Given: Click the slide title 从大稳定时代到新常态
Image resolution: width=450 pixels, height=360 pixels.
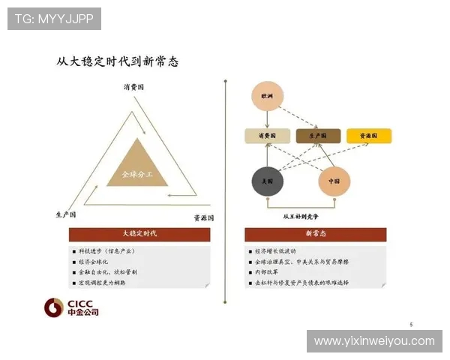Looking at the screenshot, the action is (x=118, y=61).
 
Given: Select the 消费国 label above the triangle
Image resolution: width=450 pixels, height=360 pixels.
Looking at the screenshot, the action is (x=134, y=87).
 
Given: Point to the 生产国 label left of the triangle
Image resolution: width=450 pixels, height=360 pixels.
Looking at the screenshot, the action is (x=66, y=215).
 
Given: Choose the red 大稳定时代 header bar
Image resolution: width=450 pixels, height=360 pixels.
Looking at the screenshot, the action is (x=139, y=234).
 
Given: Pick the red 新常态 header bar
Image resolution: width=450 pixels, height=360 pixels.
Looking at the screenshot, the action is (x=316, y=234).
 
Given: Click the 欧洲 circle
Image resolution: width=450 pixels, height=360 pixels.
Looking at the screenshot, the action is (x=268, y=97).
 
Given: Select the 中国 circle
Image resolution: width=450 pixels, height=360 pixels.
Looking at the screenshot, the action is (x=334, y=181).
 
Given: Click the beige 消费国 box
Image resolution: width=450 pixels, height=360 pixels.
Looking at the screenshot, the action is (x=268, y=136).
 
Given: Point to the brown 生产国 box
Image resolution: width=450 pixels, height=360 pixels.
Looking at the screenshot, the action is (x=318, y=136).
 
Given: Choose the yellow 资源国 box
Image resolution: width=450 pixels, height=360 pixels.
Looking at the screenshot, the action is (x=368, y=136).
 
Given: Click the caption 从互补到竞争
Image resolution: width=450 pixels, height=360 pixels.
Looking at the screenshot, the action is (x=301, y=217).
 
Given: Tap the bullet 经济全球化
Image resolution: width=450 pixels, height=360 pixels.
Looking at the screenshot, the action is (x=96, y=261).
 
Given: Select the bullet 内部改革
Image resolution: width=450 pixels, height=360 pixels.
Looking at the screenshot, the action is (x=267, y=271).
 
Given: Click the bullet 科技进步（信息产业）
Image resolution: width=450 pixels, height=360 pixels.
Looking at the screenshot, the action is (x=106, y=250).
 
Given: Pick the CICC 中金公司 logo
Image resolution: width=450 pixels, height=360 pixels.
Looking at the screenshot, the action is (x=70, y=307).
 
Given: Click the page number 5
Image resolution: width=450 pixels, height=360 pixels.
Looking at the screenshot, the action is (x=411, y=324).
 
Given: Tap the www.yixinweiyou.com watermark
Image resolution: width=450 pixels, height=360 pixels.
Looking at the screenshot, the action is (x=374, y=341).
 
